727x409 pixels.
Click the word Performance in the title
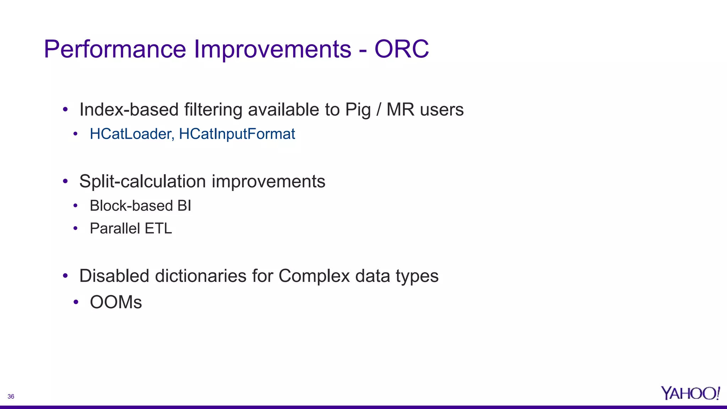(115, 49)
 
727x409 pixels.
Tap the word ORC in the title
(401, 49)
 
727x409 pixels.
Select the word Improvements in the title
(272, 49)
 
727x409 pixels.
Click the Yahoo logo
(690, 393)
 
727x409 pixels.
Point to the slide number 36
(11, 397)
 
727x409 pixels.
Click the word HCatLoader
(132, 134)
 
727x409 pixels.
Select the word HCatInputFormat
(237, 134)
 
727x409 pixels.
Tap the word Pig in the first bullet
(358, 110)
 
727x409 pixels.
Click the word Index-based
(129, 109)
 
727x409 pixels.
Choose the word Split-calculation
(142, 181)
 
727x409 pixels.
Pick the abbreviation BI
(184, 206)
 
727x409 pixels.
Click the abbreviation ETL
(158, 228)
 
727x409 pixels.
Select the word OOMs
(116, 302)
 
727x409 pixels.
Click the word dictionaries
(201, 276)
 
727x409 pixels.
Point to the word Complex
(314, 276)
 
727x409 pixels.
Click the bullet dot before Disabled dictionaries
(65, 276)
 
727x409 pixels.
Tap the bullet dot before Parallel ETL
(75, 228)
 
